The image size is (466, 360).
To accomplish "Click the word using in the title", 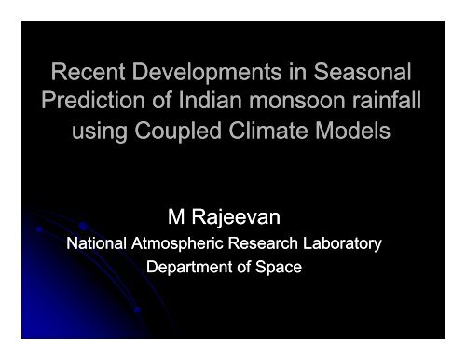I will (103, 129).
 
